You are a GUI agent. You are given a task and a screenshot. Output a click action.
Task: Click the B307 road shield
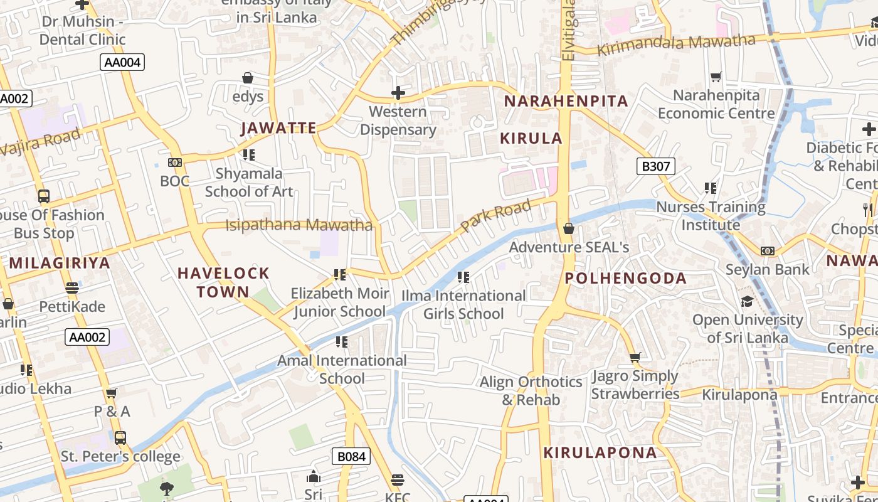(657, 166)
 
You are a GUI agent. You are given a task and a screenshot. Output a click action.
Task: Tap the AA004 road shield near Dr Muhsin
(122, 62)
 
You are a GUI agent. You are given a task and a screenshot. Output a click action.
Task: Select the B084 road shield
(351, 456)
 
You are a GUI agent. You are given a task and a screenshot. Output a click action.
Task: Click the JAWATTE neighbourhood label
(279, 128)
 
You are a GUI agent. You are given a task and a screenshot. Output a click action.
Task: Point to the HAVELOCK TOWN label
(223, 282)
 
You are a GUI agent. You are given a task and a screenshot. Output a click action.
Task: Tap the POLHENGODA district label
(626, 278)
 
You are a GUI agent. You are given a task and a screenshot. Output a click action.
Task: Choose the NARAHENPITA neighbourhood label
(566, 101)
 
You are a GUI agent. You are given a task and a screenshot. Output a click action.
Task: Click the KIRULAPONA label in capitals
(600, 452)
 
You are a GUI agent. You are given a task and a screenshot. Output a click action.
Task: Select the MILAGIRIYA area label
(60, 263)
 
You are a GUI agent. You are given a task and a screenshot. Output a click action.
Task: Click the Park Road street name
(495, 215)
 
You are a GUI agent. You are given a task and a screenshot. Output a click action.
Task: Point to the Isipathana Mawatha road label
(299, 225)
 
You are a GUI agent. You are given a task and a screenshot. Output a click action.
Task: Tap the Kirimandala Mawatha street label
(676, 45)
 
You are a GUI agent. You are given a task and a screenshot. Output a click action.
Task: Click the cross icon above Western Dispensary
(398, 93)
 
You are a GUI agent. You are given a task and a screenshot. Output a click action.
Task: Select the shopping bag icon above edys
(248, 78)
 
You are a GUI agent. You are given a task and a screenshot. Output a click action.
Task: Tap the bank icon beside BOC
(175, 163)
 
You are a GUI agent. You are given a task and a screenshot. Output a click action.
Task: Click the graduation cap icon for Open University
(746, 302)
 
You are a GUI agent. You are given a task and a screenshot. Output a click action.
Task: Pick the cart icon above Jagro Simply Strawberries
(635, 358)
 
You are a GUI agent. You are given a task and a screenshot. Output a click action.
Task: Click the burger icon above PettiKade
(72, 288)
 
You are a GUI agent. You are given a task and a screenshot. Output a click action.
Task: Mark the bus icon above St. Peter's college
(120, 437)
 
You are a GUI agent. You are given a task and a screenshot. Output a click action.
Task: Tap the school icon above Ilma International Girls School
(463, 277)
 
